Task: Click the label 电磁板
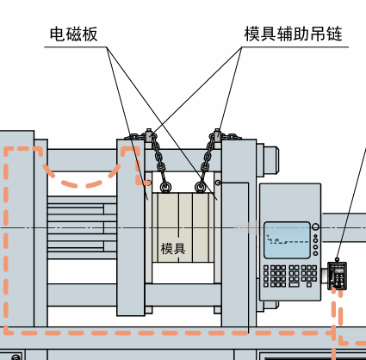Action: click(x=74, y=34)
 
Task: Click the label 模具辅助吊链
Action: click(x=293, y=34)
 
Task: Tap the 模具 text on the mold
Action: click(x=173, y=249)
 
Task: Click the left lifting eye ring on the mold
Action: click(x=165, y=187)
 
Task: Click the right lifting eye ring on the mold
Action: click(x=201, y=187)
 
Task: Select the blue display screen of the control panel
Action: click(x=287, y=240)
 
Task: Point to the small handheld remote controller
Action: click(x=338, y=276)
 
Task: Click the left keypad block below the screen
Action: click(x=275, y=276)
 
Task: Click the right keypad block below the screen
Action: click(x=302, y=276)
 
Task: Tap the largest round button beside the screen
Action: click(x=315, y=227)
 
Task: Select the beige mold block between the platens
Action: click(x=183, y=227)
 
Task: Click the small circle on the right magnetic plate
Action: click(x=218, y=183)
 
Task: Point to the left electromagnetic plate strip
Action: click(x=148, y=227)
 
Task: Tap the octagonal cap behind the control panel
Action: click(x=271, y=160)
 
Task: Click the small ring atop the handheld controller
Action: click(x=338, y=259)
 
